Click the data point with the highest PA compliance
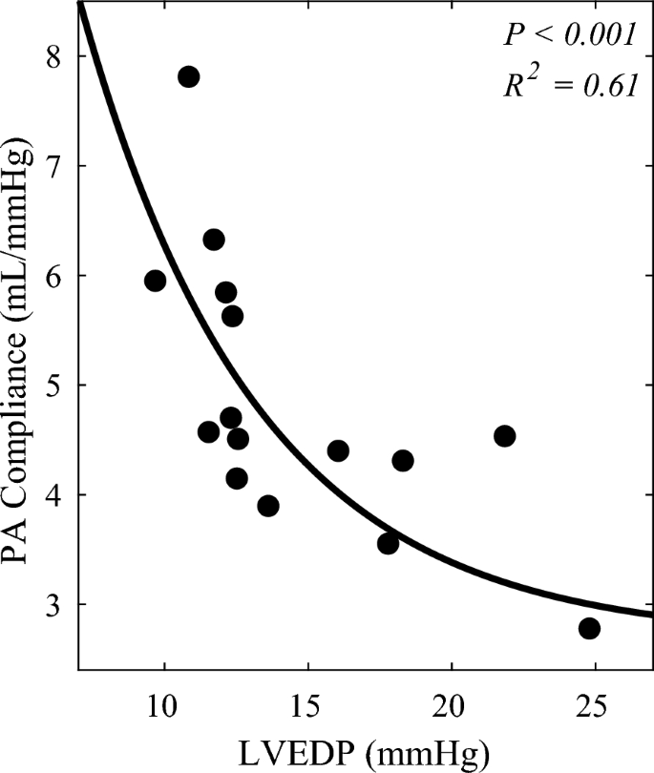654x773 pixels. tap(188, 76)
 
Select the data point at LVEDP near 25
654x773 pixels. tap(589, 628)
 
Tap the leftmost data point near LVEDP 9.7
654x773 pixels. tap(155, 281)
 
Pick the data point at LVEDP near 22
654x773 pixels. tap(504, 436)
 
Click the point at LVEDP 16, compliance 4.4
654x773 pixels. tap(338, 450)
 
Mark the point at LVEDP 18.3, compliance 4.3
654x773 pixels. tap(403, 461)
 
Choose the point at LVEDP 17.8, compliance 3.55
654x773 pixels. tap(388, 543)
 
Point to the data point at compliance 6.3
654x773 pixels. tap(214, 240)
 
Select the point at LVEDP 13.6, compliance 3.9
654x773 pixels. tap(268, 506)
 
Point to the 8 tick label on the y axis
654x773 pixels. tap(56, 56)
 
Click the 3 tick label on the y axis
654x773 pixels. tap(56, 605)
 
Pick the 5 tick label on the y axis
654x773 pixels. tap(56, 386)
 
